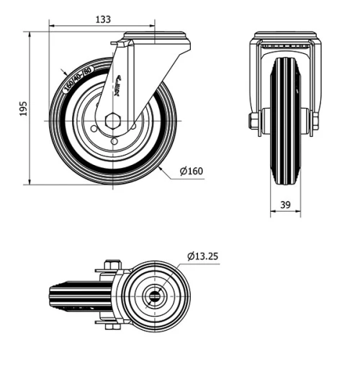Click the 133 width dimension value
(103, 20)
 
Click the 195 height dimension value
(22, 109)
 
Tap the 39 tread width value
(285, 205)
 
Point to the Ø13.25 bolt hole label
(205, 256)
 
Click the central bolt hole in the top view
(154, 295)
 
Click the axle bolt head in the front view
(253, 120)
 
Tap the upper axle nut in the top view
(110, 266)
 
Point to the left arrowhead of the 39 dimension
(272, 213)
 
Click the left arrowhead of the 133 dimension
(51, 27)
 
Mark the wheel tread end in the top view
(52, 295)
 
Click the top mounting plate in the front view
(285, 35)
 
